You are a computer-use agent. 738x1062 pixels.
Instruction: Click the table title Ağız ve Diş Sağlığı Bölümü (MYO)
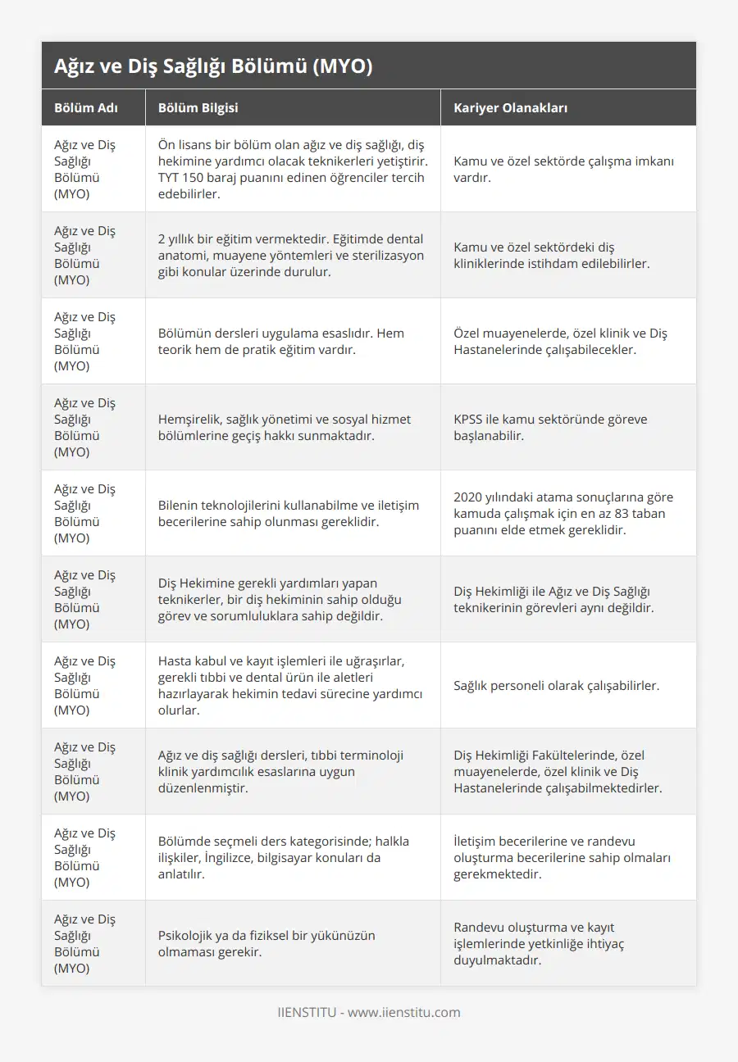[213, 66]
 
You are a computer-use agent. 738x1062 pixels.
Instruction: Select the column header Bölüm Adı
[85, 107]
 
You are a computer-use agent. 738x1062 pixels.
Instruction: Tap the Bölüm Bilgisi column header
[198, 107]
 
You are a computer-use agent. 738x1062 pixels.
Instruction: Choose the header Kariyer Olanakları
[510, 107]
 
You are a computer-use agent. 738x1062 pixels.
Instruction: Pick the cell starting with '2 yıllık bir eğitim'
[291, 255]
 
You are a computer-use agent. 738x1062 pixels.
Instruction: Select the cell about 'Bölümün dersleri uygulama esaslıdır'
[280, 341]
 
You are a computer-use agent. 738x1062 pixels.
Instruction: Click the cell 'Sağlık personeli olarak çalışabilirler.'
[556, 685]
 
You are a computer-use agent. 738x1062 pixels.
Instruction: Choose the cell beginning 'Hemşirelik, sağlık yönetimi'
[285, 427]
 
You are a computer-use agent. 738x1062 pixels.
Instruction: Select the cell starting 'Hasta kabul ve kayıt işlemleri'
[291, 685]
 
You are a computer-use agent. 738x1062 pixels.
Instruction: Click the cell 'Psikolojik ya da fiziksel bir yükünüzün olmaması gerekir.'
[266, 943]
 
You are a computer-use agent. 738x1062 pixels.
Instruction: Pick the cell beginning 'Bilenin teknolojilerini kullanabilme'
[288, 513]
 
